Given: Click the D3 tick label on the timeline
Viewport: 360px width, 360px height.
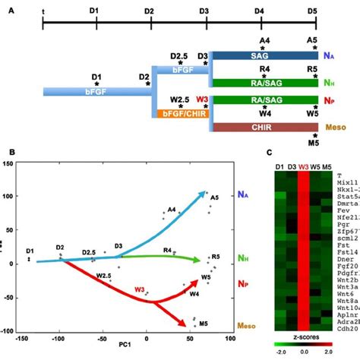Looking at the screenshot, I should click(x=203, y=12).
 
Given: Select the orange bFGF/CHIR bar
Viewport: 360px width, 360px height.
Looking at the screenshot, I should click(x=182, y=114).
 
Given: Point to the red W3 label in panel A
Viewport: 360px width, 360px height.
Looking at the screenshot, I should click(x=203, y=99).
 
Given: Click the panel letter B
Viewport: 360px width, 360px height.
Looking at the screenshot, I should click(x=11, y=152).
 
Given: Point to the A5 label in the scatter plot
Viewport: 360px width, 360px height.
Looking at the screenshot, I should click(x=214, y=197).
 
